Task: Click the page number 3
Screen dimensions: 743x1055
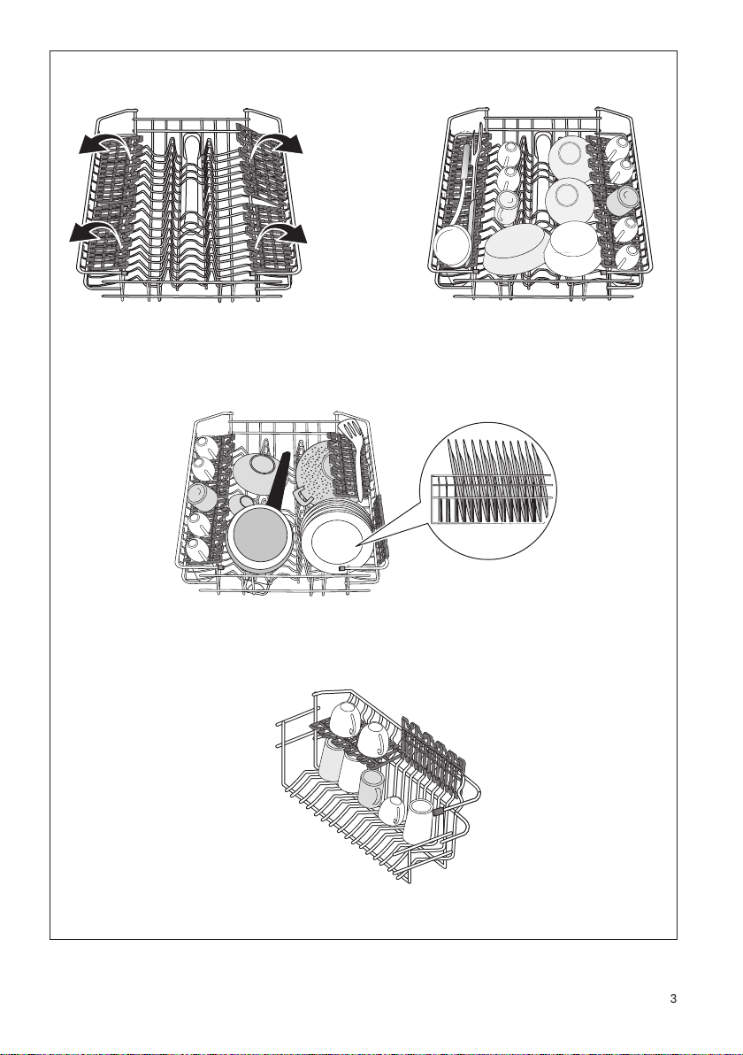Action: [673, 998]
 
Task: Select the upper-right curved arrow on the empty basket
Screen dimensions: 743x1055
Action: [277, 142]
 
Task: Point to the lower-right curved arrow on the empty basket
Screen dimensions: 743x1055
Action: [281, 232]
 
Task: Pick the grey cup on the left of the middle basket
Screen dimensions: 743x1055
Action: [200, 496]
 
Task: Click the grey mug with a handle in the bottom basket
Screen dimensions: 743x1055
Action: [371, 789]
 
